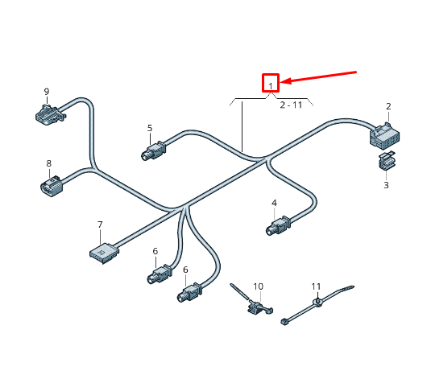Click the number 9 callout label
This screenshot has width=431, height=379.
46,92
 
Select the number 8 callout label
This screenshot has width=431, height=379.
48,163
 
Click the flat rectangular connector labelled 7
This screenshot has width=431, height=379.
104,252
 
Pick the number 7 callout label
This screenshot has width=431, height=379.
100,225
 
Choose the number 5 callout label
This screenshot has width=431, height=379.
149,128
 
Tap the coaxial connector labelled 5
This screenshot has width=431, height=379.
152,150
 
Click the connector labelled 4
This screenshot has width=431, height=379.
278,226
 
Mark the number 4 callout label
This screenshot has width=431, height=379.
274,203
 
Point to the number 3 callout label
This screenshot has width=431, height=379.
386,185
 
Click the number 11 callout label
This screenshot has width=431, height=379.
317,286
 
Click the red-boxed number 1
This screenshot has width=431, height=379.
271,83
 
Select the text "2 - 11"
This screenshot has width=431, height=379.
291,105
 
